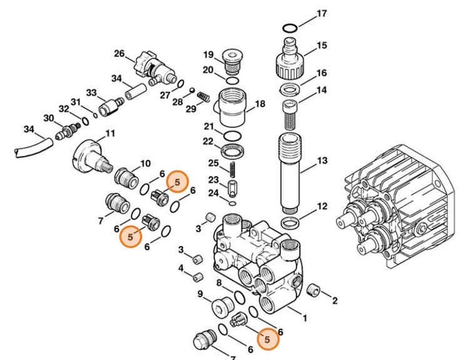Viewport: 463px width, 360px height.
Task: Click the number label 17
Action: pyautogui.click(x=322, y=13)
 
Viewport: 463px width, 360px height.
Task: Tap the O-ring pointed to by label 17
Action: pyautogui.click(x=289, y=27)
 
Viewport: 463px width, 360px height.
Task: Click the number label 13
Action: pyautogui.click(x=322, y=161)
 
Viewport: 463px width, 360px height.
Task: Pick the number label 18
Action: pyautogui.click(x=260, y=104)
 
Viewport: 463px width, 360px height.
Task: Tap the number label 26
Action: pyautogui.click(x=119, y=54)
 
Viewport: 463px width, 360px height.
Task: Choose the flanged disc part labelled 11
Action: pyautogui.click(x=91, y=155)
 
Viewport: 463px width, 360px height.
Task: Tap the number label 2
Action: pyautogui.click(x=334, y=301)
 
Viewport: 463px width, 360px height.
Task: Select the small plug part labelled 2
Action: pyautogui.click(x=315, y=290)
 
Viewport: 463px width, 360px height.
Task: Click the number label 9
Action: pyautogui.click(x=200, y=294)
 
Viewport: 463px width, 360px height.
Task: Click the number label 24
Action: pyautogui.click(x=213, y=193)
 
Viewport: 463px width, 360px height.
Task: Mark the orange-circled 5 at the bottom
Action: pyautogui.click(x=268, y=339)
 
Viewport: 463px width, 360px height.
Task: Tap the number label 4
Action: pyautogui.click(x=180, y=268)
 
